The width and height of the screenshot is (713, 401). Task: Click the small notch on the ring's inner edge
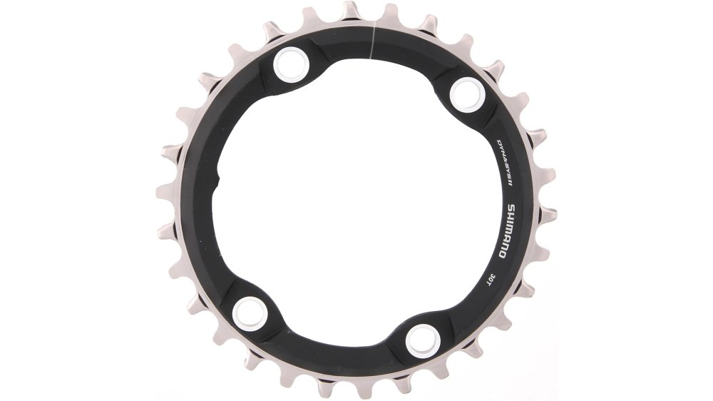pos(218,178)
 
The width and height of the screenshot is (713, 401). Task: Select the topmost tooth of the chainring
pos(351,10)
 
